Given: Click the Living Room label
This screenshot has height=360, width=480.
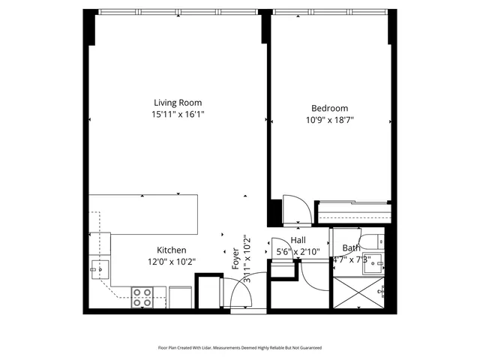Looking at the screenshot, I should (x=178, y=103).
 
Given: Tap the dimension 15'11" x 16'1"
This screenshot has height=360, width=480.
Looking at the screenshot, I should (x=178, y=114).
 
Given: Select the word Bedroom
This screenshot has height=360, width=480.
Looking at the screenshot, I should (x=326, y=108).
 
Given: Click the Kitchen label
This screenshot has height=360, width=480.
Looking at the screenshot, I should (x=171, y=250).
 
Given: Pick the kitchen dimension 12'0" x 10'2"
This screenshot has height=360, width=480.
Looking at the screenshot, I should (x=171, y=262).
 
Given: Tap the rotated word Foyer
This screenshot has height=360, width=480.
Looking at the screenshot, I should (x=235, y=258).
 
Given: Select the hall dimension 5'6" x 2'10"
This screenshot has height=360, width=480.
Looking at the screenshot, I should (x=298, y=251).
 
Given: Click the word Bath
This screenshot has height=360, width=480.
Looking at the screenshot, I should (x=351, y=248).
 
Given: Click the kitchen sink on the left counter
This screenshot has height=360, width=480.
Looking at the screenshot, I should (x=99, y=267).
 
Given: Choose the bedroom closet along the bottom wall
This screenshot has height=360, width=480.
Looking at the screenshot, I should (x=352, y=212).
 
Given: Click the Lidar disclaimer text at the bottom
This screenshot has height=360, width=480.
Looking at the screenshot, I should (x=239, y=347).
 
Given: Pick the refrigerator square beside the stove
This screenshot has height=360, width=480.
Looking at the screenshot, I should (x=181, y=296).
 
